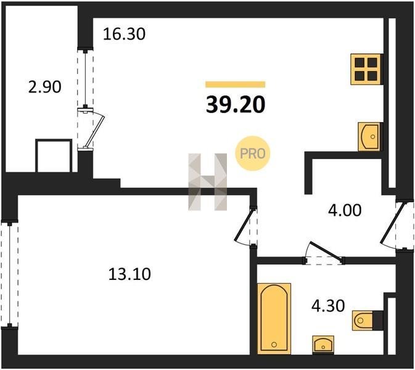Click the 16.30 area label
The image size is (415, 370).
[x=124, y=34]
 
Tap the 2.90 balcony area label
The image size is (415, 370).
[x=45, y=87]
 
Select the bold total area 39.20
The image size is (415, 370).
[x=236, y=105]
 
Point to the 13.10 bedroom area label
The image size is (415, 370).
[x=129, y=274]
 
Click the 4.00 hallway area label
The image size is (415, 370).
[x=345, y=210]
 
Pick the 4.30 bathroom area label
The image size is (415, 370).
[x=328, y=306]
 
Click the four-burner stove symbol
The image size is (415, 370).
[x=366, y=69]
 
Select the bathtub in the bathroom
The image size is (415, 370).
[x=274, y=318]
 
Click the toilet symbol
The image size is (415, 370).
[x=368, y=321]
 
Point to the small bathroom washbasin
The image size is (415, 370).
[x=323, y=344]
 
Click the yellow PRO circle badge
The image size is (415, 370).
[x=252, y=153]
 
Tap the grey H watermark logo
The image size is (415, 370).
[x=207, y=182]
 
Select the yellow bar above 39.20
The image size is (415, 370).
[x=236, y=84]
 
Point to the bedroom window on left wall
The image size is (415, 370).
[x=10, y=274]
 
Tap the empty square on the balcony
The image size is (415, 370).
[x=54, y=155]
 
